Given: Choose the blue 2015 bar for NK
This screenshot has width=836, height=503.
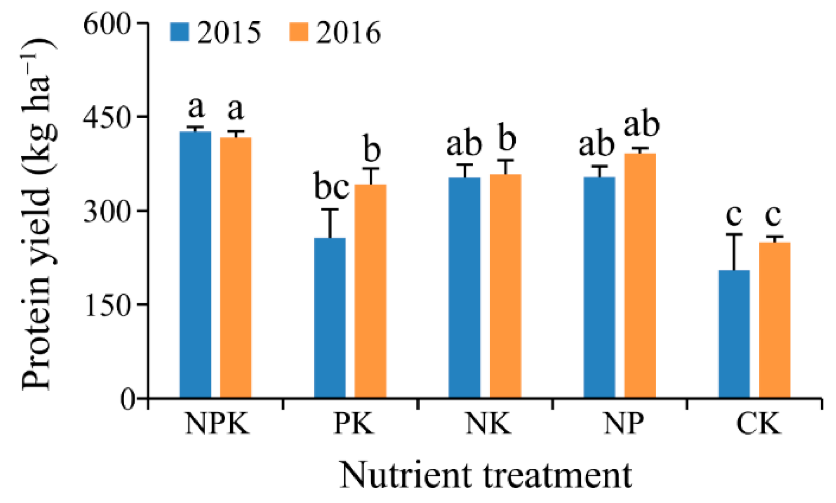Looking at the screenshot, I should (x=464, y=287).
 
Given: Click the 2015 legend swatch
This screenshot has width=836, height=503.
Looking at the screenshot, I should (x=179, y=32).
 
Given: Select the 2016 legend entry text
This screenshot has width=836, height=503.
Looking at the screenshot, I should (x=348, y=33).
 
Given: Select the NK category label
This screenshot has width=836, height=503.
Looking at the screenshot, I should (x=488, y=423).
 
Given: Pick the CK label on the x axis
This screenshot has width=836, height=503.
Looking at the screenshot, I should (x=758, y=423).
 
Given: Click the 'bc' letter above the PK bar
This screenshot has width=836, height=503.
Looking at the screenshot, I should (x=331, y=187).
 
